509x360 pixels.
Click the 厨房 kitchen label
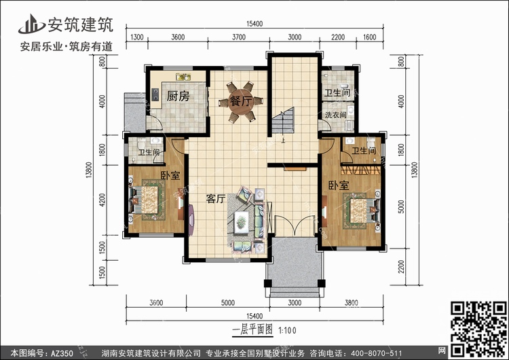pyautogui.click(x=178, y=96)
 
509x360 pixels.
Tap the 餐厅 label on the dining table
pyautogui.click(x=240, y=101)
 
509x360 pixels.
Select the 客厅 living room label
pyautogui.click(x=216, y=198)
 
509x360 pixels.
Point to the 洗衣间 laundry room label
pyautogui.click(x=336, y=115)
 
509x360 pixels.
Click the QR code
pyautogui.click(x=478, y=329)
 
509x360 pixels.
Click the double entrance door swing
pyautogui.click(x=295, y=225)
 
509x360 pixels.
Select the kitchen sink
pyautogui.click(x=183, y=77)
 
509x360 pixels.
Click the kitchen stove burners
pyautogui.click(x=155, y=94)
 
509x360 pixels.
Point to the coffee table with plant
pyautogui.click(x=242, y=222)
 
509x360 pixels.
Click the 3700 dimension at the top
pyautogui.click(x=239, y=37)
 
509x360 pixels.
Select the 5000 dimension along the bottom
pyautogui.click(x=228, y=303)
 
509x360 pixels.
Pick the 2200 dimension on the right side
pyautogui.click(x=402, y=266)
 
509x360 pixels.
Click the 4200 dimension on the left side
pyautogui.click(x=102, y=200)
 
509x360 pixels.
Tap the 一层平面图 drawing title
pyautogui.click(x=252, y=330)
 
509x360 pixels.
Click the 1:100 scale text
pyautogui.click(x=288, y=331)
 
